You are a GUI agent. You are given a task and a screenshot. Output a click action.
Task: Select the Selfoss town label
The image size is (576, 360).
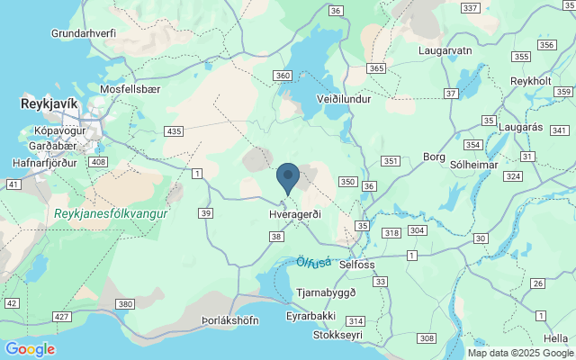pos(357,265)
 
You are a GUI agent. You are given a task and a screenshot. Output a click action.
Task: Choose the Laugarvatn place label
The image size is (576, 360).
pos(445,50)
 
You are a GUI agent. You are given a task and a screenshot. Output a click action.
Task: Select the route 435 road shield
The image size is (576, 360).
pos(174,131)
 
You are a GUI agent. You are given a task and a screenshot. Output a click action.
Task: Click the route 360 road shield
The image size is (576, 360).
pos(283,76)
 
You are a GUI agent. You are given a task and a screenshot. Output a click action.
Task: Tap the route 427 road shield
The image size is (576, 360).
pos(62,317)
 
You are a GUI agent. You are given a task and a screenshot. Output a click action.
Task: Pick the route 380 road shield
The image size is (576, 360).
pos(125,304)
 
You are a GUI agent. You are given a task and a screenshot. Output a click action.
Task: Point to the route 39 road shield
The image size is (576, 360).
pos(206,212)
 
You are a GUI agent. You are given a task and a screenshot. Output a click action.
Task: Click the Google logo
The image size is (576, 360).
pos(30,349)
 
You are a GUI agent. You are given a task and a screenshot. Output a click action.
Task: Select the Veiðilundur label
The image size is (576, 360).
pos(344,99)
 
